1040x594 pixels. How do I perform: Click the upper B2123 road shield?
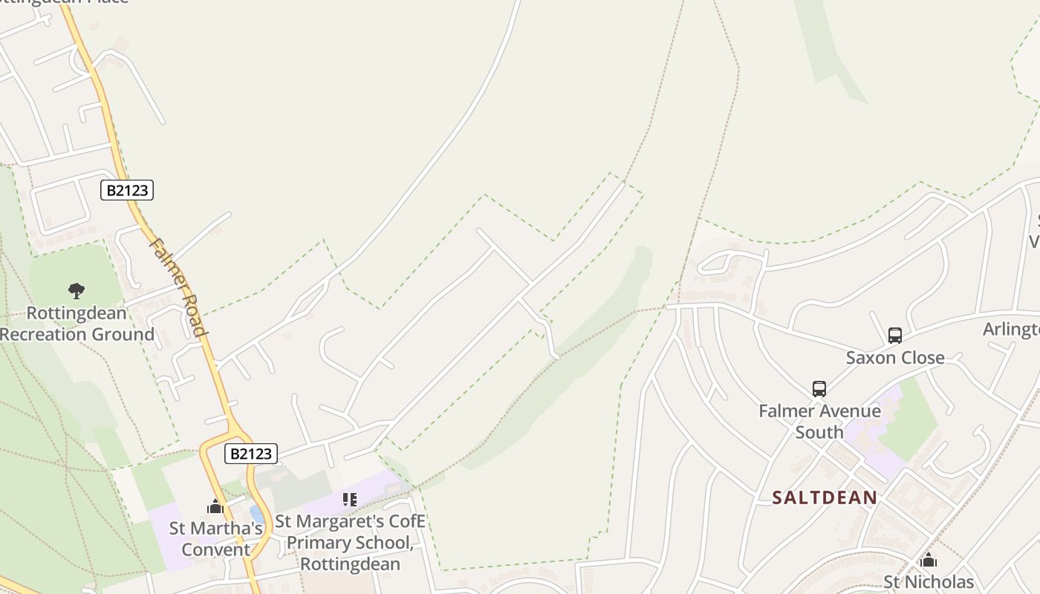pyautogui.click(x=127, y=190)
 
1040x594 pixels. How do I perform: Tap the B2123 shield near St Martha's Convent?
pyautogui.click(x=250, y=453)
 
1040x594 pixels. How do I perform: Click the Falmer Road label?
pyautogui.click(x=178, y=287)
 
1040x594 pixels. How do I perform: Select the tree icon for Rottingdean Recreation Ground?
pyautogui.click(x=76, y=290)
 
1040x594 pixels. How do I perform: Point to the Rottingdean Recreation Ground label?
pyautogui.click(x=77, y=324)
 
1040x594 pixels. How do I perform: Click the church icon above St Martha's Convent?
pyautogui.click(x=215, y=507)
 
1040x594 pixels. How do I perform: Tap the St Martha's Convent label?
pyautogui.click(x=216, y=539)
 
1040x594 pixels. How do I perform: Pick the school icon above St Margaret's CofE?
pyautogui.click(x=350, y=500)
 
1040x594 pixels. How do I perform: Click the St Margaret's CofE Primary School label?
pyautogui.click(x=351, y=543)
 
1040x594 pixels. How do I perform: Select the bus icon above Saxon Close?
pyautogui.click(x=895, y=336)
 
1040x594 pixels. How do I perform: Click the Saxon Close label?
pyautogui.click(x=895, y=358)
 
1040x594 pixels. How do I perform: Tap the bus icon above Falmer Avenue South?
pyautogui.click(x=819, y=389)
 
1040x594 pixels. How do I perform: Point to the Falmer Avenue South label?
pyautogui.click(x=819, y=421)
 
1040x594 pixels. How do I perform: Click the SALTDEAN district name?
pyautogui.click(x=825, y=497)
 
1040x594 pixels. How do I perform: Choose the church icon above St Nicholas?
pyautogui.click(x=929, y=560)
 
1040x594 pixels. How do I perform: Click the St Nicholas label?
pyautogui.click(x=929, y=582)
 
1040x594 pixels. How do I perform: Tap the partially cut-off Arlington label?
pyautogui.click(x=1011, y=330)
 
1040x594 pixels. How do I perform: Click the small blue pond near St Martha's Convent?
pyautogui.click(x=256, y=514)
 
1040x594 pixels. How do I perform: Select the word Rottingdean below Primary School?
pyautogui.click(x=351, y=564)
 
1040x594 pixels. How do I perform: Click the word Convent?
pyautogui.click(x=216, y=550)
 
